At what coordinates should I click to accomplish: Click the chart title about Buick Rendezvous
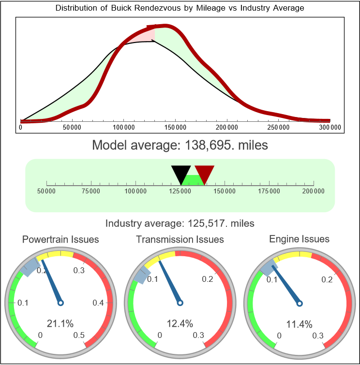[180, 8]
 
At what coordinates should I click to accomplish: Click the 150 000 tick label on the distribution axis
[175, 128]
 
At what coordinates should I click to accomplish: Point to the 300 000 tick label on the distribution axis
[330, 128]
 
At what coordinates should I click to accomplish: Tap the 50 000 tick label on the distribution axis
[72, 128]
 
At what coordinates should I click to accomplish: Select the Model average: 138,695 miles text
[180, 145]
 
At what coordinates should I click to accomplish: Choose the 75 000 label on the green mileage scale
[91, 191]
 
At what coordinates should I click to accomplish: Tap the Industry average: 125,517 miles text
[180, 223]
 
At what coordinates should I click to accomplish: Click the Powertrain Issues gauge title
[60, 239]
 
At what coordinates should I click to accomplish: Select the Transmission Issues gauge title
[180, 239]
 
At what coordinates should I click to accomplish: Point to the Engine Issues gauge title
[299, 239]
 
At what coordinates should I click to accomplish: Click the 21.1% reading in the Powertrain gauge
[60, 323]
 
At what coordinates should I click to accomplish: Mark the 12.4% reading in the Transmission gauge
[180, 323]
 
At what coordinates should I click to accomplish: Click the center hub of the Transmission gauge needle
[180, 303]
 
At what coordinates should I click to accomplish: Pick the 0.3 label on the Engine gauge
[318, 336]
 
